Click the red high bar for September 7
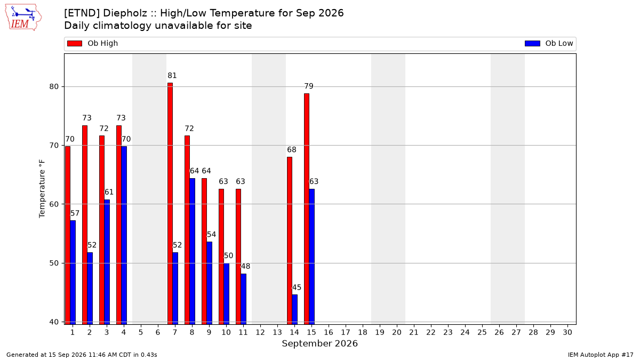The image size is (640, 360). point(170,203)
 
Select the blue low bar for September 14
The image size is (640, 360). point(294,309)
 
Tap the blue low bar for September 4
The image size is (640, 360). point(124,235)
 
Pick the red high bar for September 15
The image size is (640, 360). point(307,209)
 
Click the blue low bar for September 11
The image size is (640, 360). point(243,299)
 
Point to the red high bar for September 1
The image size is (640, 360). point(68,235)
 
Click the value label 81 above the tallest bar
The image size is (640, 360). point(172,75)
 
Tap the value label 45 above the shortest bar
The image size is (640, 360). point(297,287)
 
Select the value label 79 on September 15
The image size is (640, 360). point(309,86)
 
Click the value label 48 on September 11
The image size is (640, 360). point(245,266)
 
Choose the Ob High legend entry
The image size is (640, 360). point(93,43)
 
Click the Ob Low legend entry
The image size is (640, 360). point(549,43)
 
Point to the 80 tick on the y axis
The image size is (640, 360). point(54,86)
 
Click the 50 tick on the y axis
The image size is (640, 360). point(54,263)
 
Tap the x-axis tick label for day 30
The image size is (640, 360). point(567,332)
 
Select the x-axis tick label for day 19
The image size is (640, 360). point(380,332)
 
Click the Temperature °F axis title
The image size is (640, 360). point(42,189)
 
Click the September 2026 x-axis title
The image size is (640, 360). point(319,343)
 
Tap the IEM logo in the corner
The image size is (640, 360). point(23,18)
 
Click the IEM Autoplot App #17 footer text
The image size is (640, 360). point(601,355)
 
